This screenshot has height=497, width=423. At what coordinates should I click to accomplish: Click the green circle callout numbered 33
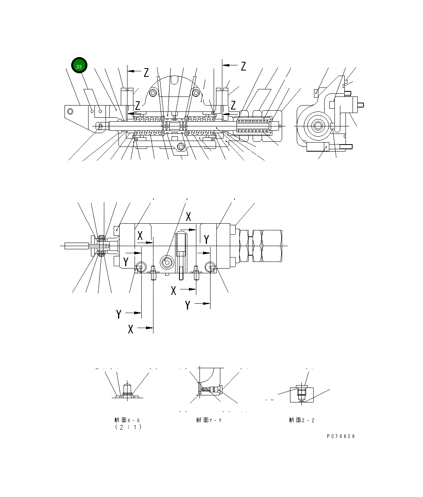[x=79, y=66]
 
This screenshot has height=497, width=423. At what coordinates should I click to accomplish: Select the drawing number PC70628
[x=341, y=436]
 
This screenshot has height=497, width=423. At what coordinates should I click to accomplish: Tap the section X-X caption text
[x=127, y=420]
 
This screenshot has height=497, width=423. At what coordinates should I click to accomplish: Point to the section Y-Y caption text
[x=209, y=420]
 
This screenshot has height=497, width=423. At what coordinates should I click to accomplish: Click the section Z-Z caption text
[x=302, y=420]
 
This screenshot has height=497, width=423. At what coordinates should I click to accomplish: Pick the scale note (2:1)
[x=128, y=427]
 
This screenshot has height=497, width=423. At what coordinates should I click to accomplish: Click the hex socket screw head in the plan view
[x=167, y=262]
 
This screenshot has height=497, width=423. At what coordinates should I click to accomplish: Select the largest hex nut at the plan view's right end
[x=270, y=246]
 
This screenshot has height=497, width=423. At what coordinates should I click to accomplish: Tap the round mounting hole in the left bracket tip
[x=71, y=111]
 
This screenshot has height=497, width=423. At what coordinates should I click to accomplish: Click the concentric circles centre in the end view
[x=317, y=126]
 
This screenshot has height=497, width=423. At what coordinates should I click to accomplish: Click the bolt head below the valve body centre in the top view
[x=181, y=147]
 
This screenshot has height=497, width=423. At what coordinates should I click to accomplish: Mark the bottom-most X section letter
[x=131, y=329]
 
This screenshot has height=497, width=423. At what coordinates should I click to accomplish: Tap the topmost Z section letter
[x=243, y=66]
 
